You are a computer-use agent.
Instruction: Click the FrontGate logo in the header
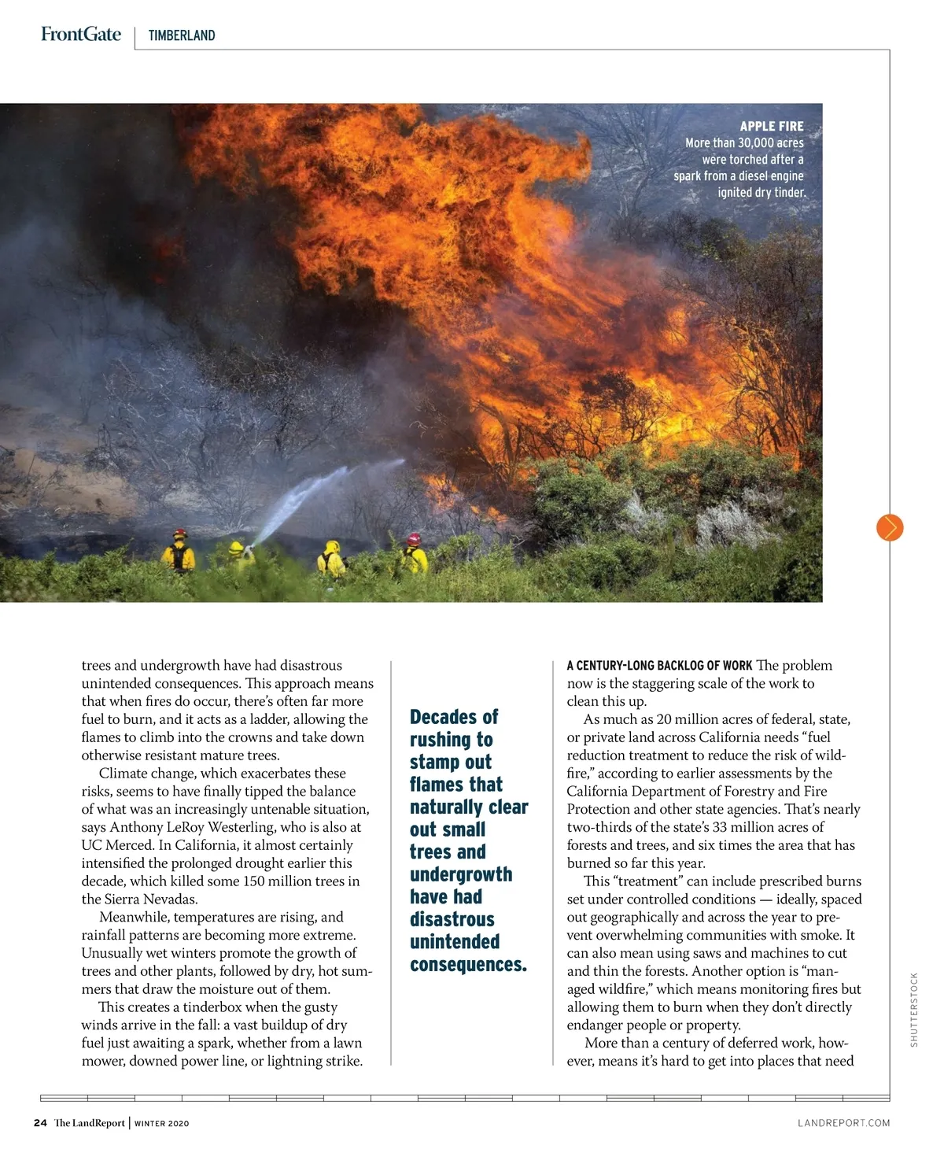click(81, 34)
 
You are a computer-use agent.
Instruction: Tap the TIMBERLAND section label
click(181, 35)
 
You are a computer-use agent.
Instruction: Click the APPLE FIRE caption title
click(771, 126)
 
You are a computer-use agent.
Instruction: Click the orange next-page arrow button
click(890, 527)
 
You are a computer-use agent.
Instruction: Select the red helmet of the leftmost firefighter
click(180, 534)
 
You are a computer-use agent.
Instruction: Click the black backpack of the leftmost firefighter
click(180, 557)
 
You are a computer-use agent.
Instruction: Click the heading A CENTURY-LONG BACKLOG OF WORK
click(659, 666)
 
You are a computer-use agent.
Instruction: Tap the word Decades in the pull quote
click(444, 717)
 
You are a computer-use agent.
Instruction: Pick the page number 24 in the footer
click(40, 1123)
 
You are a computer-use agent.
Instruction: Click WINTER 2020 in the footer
click(162, 1124)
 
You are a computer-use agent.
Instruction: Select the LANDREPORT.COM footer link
click(843, 1123)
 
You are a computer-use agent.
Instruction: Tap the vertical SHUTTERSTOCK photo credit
click(913, 1010)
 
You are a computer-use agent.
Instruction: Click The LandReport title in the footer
click(89, 1123)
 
